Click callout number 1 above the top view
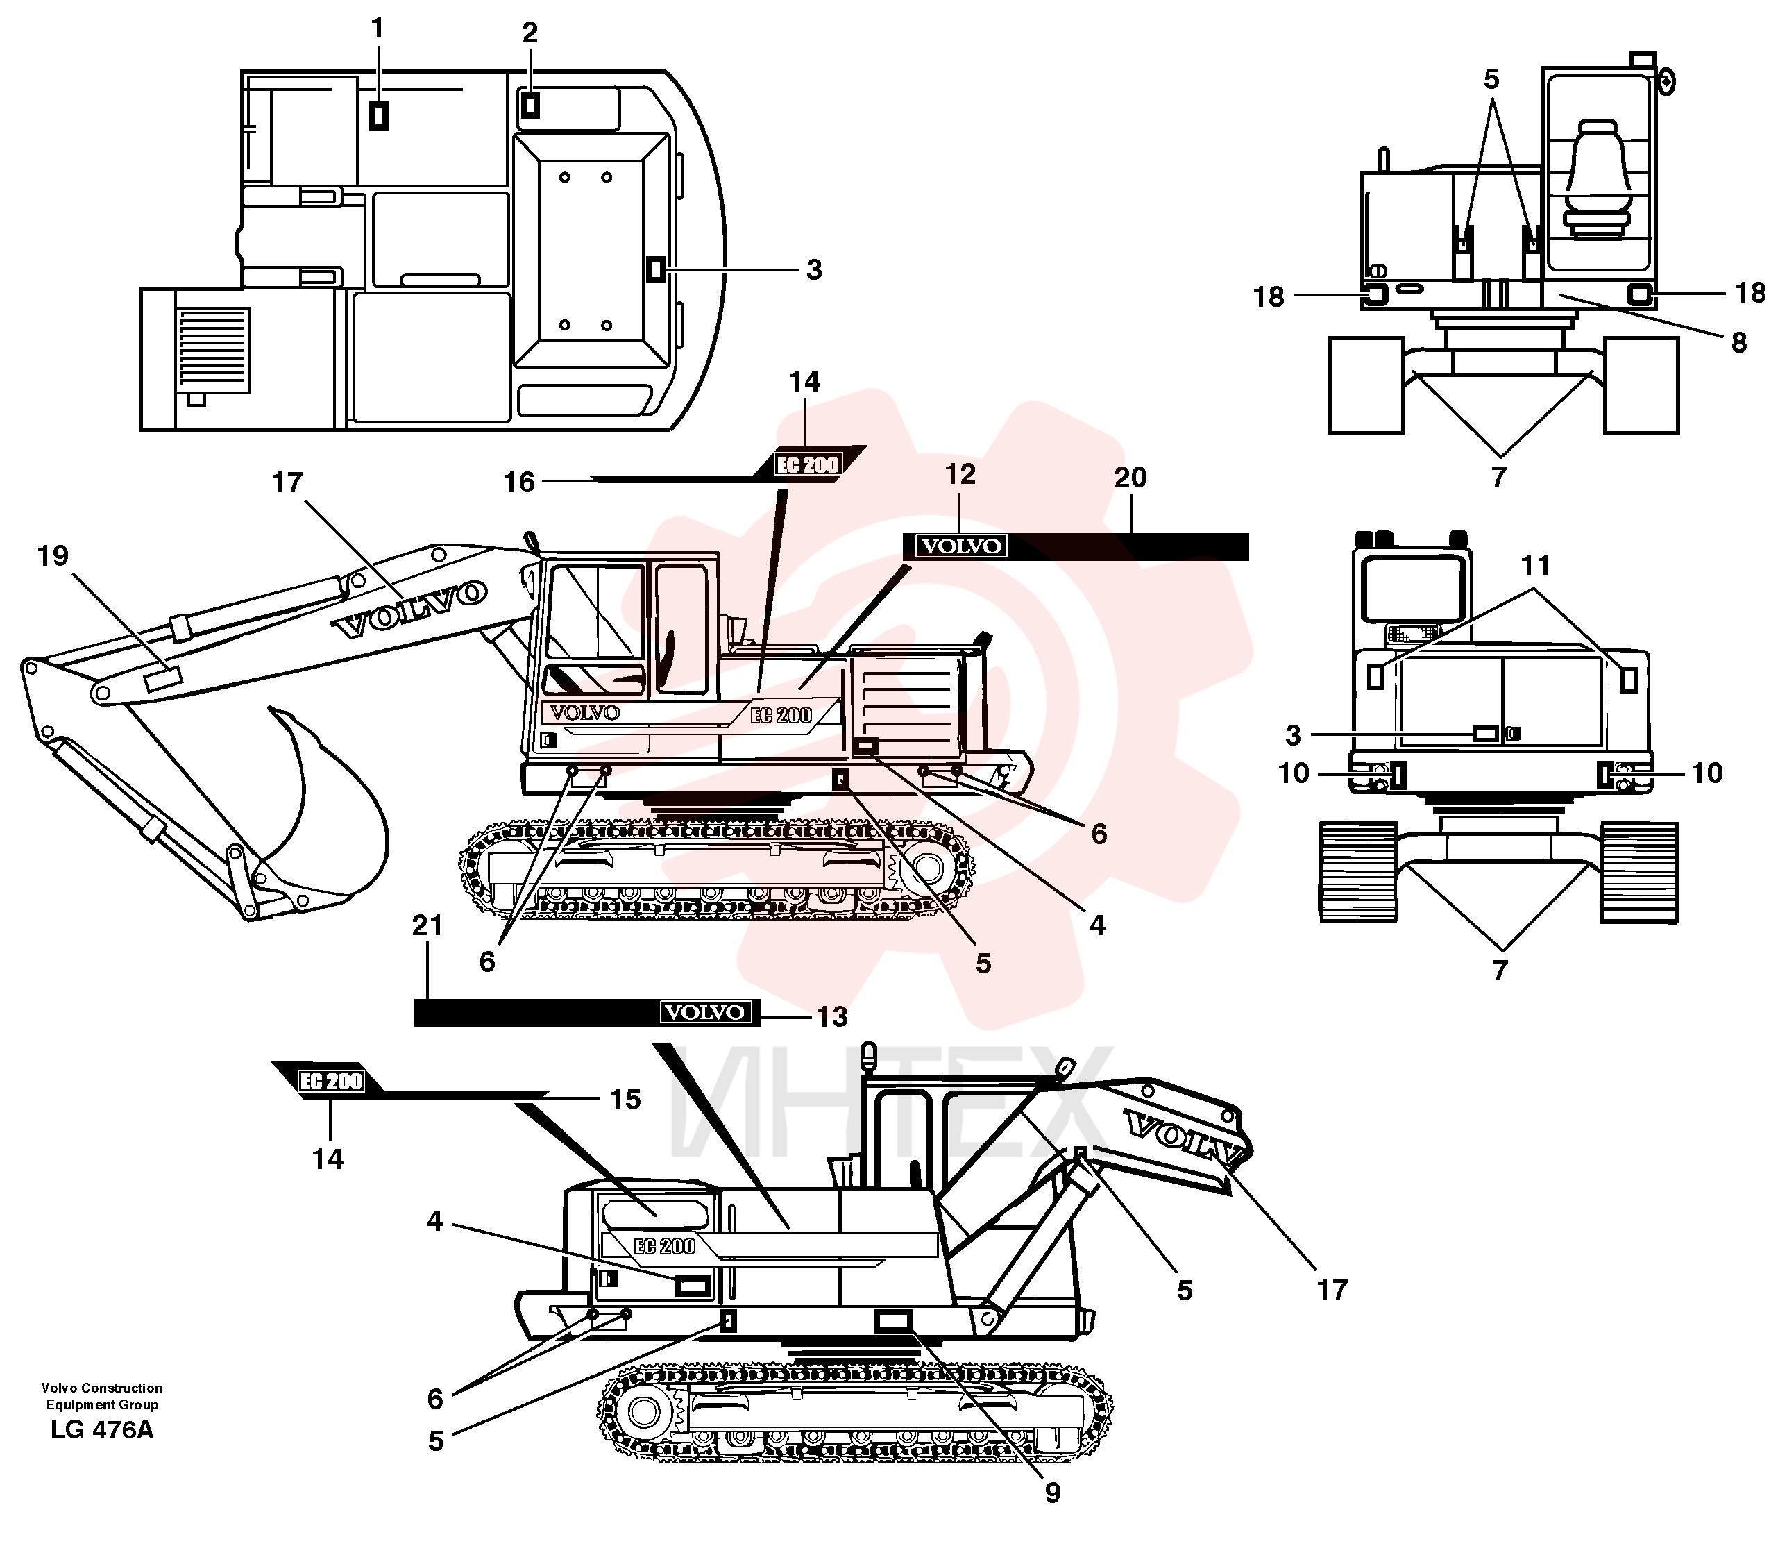click(x=377, y=29)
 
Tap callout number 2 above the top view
click(x=530, y=33)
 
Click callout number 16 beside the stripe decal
click(x=520, y=482)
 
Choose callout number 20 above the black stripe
click(x=1130, y=477)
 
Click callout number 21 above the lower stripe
click(x=427, y=925)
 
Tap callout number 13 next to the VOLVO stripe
click(x=832, y=1017)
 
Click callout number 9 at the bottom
click(x=1052, y=1493)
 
